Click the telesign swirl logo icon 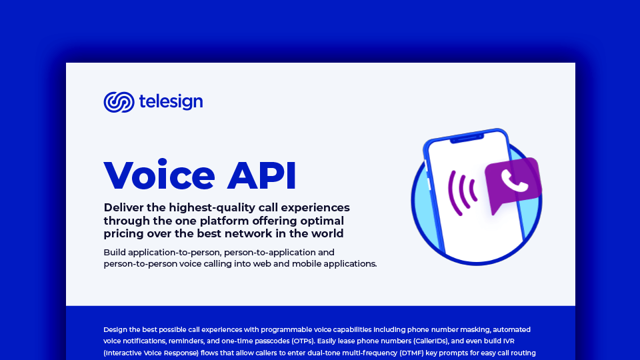119,102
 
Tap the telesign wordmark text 171,102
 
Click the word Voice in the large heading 159,175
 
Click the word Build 115,252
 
